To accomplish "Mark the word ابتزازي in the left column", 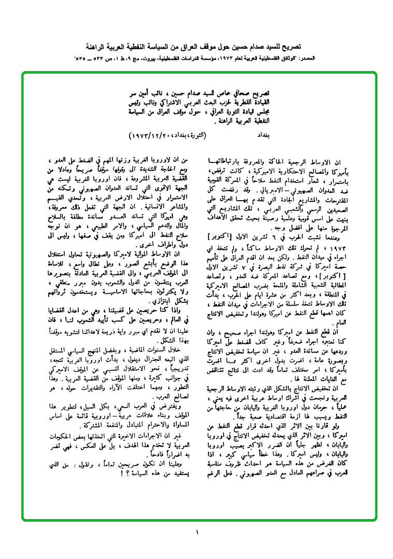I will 126,299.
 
